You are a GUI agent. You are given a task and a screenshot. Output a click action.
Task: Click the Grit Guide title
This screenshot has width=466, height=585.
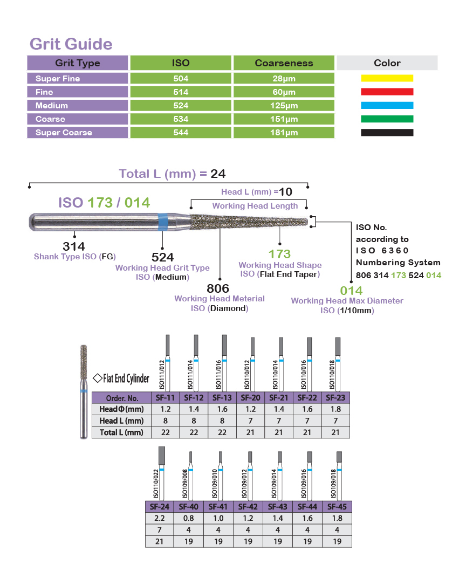click(71, 44)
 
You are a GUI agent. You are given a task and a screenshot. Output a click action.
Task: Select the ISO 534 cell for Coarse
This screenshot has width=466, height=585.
click(181, 119)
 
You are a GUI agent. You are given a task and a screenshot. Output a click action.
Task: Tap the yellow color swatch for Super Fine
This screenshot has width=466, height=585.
click(387, 78)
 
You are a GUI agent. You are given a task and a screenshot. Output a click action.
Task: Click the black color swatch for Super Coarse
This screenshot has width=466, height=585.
click(387, 133)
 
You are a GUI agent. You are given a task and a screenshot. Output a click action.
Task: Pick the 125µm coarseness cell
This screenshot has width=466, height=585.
click(284, 106)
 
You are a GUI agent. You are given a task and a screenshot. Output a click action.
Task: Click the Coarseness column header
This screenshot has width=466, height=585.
click(284, 63)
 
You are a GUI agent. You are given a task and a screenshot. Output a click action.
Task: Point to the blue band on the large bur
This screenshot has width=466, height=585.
click(163, 222)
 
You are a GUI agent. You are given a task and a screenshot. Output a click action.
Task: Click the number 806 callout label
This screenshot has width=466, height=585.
click(218, 288)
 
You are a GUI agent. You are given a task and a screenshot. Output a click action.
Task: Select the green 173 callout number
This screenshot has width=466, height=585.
click(279, 254)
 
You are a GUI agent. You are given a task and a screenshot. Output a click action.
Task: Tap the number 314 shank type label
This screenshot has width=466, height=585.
click(74, 246)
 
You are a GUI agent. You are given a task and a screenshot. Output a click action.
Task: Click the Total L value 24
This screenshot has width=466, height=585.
click(218, 174)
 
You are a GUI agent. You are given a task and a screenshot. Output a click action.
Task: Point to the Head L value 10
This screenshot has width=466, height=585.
click(285, 192)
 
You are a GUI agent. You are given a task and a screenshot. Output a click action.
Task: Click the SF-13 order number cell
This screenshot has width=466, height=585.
click(222, 398)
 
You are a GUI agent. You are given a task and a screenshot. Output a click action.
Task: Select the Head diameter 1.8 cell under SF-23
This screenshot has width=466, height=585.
click(336, 409)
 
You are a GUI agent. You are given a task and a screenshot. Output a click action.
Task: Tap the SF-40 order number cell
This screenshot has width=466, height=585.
click(189, 507)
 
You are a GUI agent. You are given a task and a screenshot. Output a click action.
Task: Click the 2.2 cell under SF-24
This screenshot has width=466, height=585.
click(159, 518)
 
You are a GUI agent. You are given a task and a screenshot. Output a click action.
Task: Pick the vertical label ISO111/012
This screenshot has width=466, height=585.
click(162, 375)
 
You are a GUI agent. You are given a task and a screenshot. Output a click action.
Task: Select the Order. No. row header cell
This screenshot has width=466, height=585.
click(122, 398)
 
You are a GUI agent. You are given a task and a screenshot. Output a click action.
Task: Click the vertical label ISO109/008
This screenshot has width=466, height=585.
click(184, 484)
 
